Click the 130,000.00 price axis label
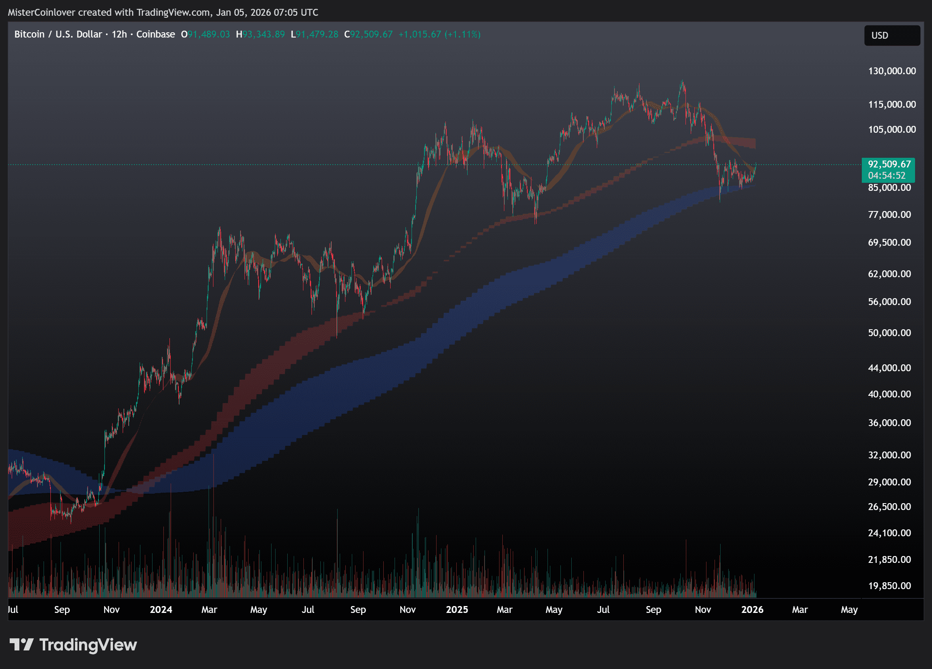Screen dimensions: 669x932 (892, 71)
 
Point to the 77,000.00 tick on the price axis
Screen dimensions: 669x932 (889, 215)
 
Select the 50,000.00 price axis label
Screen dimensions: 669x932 (889, 333)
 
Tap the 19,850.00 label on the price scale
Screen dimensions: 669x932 (889, 586)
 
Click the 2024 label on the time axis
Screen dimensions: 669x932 (161, 610)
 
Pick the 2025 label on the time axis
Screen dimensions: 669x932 (457, 610)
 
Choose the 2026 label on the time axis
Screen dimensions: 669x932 (752, 610)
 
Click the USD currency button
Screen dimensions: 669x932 (892, 36)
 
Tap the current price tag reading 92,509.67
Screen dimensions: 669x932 (889, 164)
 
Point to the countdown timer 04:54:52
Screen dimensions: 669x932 (886, 176)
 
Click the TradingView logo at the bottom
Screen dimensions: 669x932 (73, 645)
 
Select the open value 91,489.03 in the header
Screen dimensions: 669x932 (209, 35)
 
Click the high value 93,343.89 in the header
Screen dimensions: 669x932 (263, 35)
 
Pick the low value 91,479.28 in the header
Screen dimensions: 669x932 (317, 35)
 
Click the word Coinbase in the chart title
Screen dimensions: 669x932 (155, 35)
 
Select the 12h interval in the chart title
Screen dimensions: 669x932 (119, 35)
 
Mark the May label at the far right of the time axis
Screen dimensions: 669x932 (849, 610)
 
